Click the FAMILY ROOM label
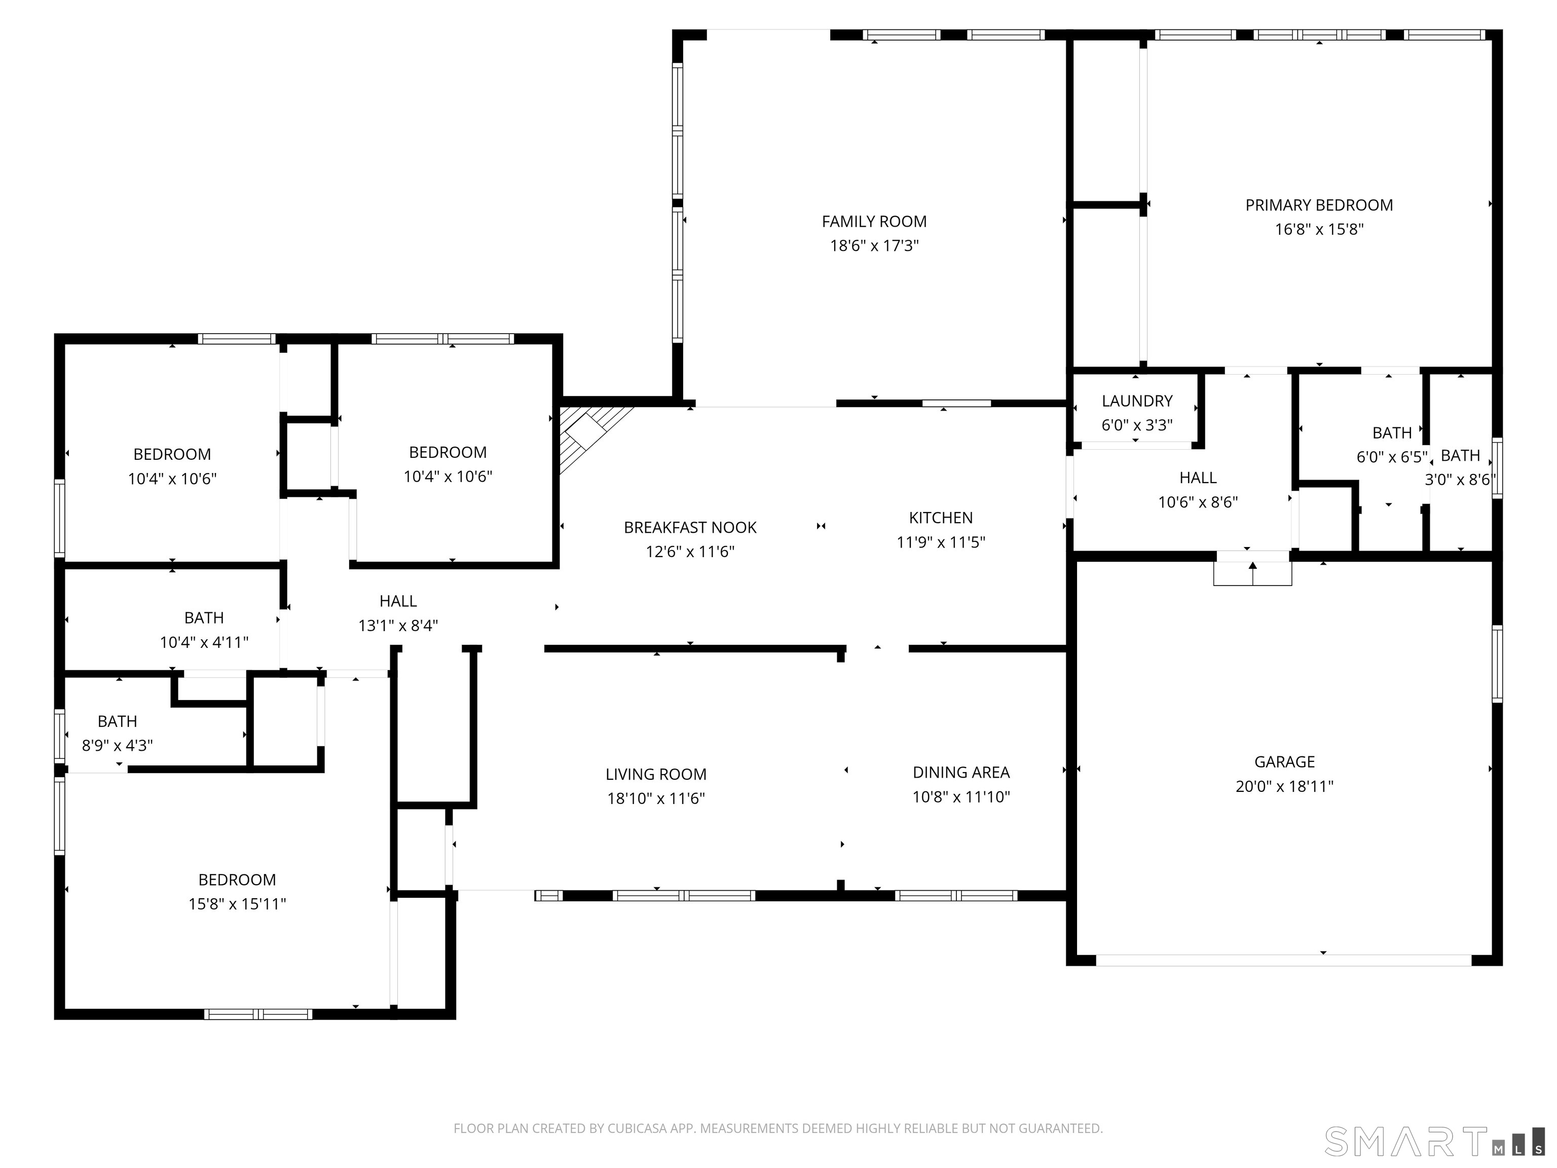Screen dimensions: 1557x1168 [874, 222]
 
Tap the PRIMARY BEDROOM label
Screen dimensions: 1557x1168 [1319, 206]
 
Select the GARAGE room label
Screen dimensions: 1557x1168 [1285, 762]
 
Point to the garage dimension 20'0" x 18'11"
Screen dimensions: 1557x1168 [1285, 786]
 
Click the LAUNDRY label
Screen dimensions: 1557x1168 [1137, 401]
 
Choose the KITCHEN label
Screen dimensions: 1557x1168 [941, 518]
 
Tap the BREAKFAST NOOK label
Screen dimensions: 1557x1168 [690, 528]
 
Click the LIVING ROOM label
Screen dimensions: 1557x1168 [656, 775]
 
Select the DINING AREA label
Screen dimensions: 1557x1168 [961, 773]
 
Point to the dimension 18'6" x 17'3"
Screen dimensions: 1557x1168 [874, 246]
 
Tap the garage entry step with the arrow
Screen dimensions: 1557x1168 [1253, 569]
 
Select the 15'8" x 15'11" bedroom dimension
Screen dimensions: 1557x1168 [237, 904]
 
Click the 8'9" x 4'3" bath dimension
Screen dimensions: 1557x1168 [118, 746]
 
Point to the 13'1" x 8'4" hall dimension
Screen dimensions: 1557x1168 [398, 625]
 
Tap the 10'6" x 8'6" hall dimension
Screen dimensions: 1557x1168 [1198, 502]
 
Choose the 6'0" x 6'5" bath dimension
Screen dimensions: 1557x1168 [1392, 457]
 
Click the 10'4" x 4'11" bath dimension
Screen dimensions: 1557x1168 [204, 642]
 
